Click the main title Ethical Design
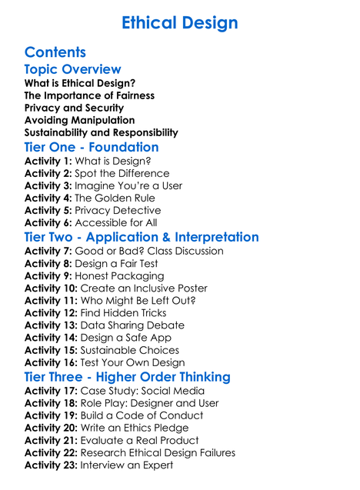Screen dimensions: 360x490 180,22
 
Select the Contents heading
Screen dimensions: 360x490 55,52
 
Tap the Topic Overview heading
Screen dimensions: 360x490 72,69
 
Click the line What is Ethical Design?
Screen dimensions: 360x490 80,83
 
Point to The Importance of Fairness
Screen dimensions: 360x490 89,95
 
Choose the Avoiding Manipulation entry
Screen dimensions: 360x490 79,120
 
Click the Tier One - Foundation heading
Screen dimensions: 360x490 92,147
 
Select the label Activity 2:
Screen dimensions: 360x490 48,174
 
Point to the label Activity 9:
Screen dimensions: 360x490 48,275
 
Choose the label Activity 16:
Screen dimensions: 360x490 51,362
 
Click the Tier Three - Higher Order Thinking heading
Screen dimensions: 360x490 127,377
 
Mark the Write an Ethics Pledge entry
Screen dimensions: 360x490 137,428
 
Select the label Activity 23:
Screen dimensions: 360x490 51,465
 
